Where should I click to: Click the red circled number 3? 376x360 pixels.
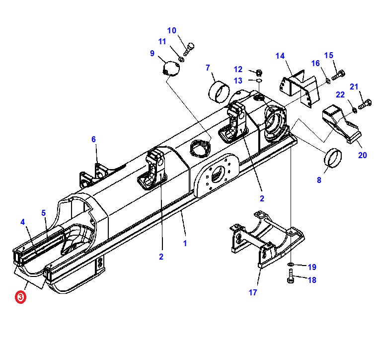(20, 297)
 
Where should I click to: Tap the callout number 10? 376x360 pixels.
(171, 31)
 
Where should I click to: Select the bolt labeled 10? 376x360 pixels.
(188, 50)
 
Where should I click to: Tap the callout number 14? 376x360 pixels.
(280, 56)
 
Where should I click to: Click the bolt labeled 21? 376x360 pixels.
(364, 104)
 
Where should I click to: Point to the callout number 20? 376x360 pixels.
(363, 155)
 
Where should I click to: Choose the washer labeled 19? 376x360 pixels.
(291, 264)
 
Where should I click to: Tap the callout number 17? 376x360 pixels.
(253, 292)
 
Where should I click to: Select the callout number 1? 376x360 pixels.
(185, 244)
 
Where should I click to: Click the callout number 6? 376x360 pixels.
(93, 139)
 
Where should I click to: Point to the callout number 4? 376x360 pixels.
(22, 221)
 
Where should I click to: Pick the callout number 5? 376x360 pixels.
(44, 213)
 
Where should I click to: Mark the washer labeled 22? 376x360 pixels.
(354, 109)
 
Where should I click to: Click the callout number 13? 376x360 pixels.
(238, 81)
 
